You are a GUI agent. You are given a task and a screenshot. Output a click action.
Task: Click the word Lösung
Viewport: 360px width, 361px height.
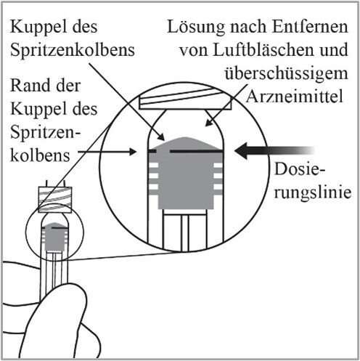click(x=196, y=27)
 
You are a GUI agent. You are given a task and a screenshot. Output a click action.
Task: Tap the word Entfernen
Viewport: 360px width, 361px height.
click(x=310, y=26)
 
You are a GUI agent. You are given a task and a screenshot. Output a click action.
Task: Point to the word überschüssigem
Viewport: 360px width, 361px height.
click(x=286, y=73)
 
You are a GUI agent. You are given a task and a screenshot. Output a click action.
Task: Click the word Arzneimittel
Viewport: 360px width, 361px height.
click(x=295, y=96)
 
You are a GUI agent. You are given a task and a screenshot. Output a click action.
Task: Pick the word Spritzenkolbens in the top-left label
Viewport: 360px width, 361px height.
click(x=73, y=50)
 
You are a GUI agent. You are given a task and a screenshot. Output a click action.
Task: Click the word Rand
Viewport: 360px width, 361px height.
click(x=28, y=85)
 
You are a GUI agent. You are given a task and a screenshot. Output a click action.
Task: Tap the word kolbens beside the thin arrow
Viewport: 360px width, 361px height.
click(x=40, y=155)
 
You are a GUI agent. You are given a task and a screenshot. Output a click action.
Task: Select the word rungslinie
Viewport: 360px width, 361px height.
click(x=313, y=192)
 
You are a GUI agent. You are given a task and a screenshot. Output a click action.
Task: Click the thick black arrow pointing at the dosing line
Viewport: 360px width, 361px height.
click(x=274, y=151)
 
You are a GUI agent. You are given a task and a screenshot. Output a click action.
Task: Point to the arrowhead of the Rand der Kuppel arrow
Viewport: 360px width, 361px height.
click(x=133, y=152)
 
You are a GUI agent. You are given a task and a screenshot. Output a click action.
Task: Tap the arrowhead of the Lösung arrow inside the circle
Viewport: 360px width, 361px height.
click(x=209, y=122)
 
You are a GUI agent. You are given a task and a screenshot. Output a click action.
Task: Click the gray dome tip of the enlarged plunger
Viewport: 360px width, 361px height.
click(x=185, y=139)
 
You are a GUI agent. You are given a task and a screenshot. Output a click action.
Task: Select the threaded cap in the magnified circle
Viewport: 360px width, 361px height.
click(x=185, y=100)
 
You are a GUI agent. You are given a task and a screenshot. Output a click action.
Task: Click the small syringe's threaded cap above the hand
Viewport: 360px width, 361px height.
click(x=55, y=200)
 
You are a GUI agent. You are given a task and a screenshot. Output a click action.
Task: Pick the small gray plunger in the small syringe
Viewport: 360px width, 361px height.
click(x=54, y=237)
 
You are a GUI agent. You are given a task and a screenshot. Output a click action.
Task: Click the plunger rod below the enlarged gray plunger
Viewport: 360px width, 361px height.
click(x=185, y=230)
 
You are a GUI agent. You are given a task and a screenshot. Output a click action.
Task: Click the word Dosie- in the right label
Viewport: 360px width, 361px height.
click(x=300, y=169)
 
